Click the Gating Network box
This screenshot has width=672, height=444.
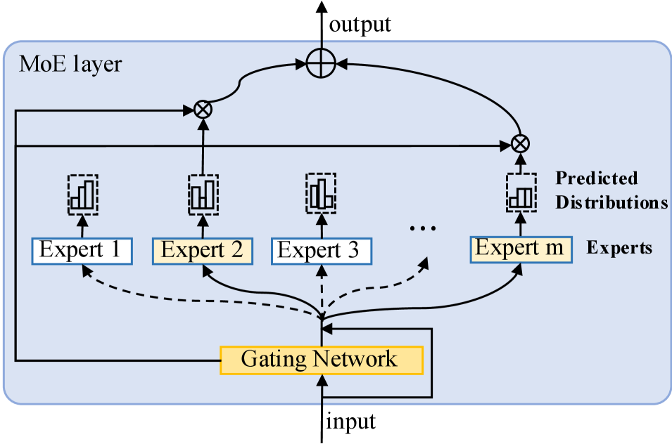(x=321, y=360)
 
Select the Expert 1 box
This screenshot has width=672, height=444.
(x=82, y=250)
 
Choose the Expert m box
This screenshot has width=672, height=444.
(x=521, y=249)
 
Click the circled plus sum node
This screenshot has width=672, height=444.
(x=321, y=65)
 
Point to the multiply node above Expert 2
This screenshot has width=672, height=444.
(x=203, y=109)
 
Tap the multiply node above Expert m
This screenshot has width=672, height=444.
(x=520, y=144)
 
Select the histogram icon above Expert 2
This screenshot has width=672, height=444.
(x=203, y=194)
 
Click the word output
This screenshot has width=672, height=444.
(x=360, y=25)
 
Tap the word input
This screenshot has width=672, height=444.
(x=350, y=422)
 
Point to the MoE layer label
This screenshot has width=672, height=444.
(x=70, y=65)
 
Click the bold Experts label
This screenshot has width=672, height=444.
(x=619, y=248)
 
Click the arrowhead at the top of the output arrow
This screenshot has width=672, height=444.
(x=321, y=7)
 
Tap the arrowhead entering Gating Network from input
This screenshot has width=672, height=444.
(x=322, y=379)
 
